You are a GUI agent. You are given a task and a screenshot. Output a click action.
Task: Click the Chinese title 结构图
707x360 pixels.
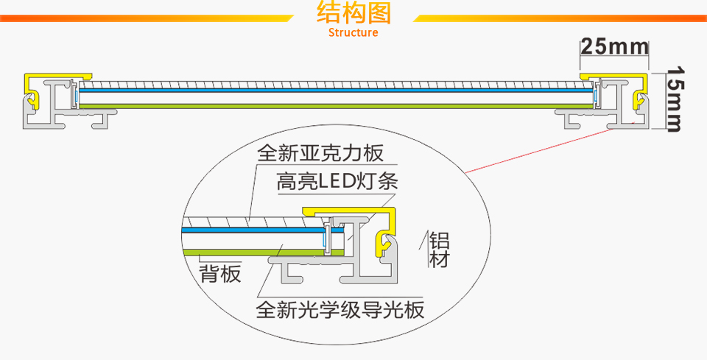pos(353,14)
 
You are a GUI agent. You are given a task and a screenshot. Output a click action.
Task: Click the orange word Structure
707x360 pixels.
pos(353,32)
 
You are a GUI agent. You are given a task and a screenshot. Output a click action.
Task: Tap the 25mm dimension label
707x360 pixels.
pos(614,47)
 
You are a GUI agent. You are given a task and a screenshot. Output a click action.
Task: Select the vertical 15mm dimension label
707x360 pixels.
pos(676,99)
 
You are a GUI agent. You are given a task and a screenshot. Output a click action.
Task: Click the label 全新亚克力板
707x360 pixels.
pos(320,154)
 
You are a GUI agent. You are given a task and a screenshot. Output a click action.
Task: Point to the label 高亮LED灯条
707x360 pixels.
pos(337,181)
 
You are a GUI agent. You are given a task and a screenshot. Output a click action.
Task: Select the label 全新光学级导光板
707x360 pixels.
pos(340,308)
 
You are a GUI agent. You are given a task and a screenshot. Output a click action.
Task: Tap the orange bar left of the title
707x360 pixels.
pos(147,18)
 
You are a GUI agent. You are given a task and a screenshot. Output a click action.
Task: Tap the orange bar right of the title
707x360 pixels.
pos(560,18)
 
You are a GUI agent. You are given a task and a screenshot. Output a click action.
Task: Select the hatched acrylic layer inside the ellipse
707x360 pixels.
pos(243,221)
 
